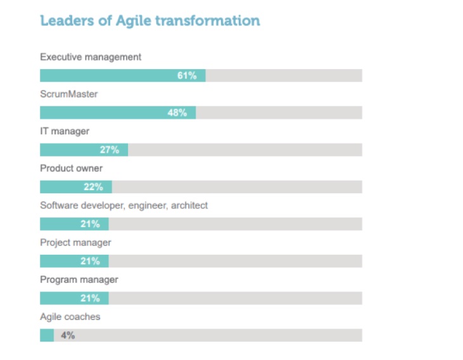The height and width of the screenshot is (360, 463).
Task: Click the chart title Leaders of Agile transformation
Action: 149,21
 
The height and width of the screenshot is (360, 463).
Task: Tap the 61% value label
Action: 187,75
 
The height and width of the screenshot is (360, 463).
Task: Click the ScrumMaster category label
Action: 68,94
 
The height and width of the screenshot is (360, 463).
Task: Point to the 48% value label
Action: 177,113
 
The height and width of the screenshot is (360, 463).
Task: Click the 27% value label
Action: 110,150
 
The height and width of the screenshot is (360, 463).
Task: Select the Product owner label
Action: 71,169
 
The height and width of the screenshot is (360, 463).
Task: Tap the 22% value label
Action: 93,187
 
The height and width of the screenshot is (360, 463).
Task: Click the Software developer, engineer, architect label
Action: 124,205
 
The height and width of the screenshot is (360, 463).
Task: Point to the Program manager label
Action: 79,280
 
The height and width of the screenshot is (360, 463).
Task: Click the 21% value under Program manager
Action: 90,299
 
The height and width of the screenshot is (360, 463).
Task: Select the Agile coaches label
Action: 70,316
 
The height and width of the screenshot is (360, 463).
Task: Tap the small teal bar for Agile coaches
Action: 47,335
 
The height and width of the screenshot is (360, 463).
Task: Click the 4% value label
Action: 68,335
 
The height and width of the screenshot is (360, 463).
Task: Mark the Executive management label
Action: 91,57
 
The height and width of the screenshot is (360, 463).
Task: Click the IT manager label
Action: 65,131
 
